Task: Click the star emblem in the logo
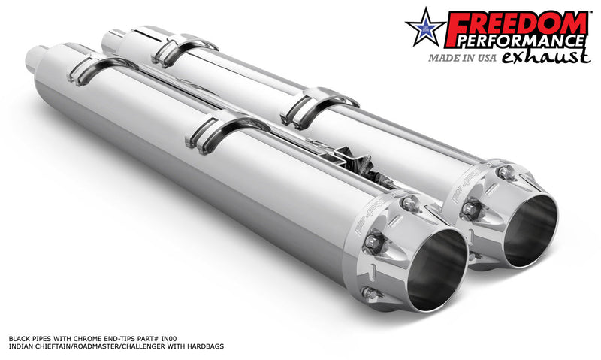pos(426,30)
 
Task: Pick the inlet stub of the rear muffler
pos(116,36)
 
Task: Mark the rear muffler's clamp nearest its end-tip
pos(319,106)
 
